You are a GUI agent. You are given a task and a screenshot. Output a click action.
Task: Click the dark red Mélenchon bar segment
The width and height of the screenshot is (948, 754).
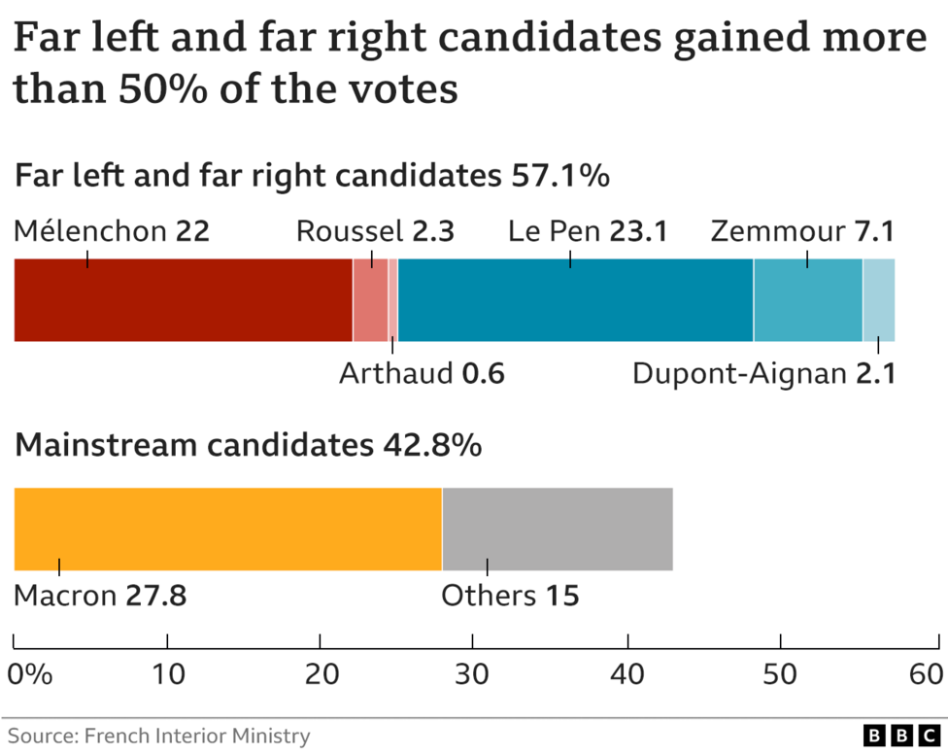pos(183,300)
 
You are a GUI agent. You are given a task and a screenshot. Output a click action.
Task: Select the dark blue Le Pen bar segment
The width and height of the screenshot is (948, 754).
pos(575,300)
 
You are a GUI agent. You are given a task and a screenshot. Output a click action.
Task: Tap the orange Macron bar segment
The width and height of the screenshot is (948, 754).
pos(227,530)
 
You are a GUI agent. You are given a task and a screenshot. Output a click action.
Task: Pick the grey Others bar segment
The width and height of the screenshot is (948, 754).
pos(558,530)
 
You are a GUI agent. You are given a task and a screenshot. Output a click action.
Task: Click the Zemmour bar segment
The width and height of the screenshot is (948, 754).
pos(807,300)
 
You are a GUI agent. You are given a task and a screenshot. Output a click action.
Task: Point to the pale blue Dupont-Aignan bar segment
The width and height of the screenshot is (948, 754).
pos(879,300)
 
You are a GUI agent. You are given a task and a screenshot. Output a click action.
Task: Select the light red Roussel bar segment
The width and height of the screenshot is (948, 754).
pos(370,300)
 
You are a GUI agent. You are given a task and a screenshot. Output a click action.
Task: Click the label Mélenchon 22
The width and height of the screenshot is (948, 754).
pos(112,232)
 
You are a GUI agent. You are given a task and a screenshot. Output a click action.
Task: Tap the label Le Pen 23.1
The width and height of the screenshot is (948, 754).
pos(588,232)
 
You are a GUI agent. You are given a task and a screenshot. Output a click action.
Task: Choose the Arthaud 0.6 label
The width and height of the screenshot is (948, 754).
pos(422,374)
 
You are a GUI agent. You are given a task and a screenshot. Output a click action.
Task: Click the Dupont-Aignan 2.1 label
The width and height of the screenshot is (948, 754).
pos(763,374)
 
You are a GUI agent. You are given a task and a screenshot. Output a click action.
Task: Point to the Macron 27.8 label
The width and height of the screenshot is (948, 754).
pos(100,596)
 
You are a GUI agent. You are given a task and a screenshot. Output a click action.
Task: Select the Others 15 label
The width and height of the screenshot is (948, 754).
pos(510,596)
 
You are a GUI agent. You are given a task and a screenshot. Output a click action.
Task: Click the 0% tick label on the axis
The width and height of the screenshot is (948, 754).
pos(29,674)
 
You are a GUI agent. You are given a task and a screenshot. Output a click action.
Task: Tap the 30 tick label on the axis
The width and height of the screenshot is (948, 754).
pos(473,674)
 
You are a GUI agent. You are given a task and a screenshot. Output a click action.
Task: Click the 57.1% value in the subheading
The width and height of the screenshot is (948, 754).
pos(561,177)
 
